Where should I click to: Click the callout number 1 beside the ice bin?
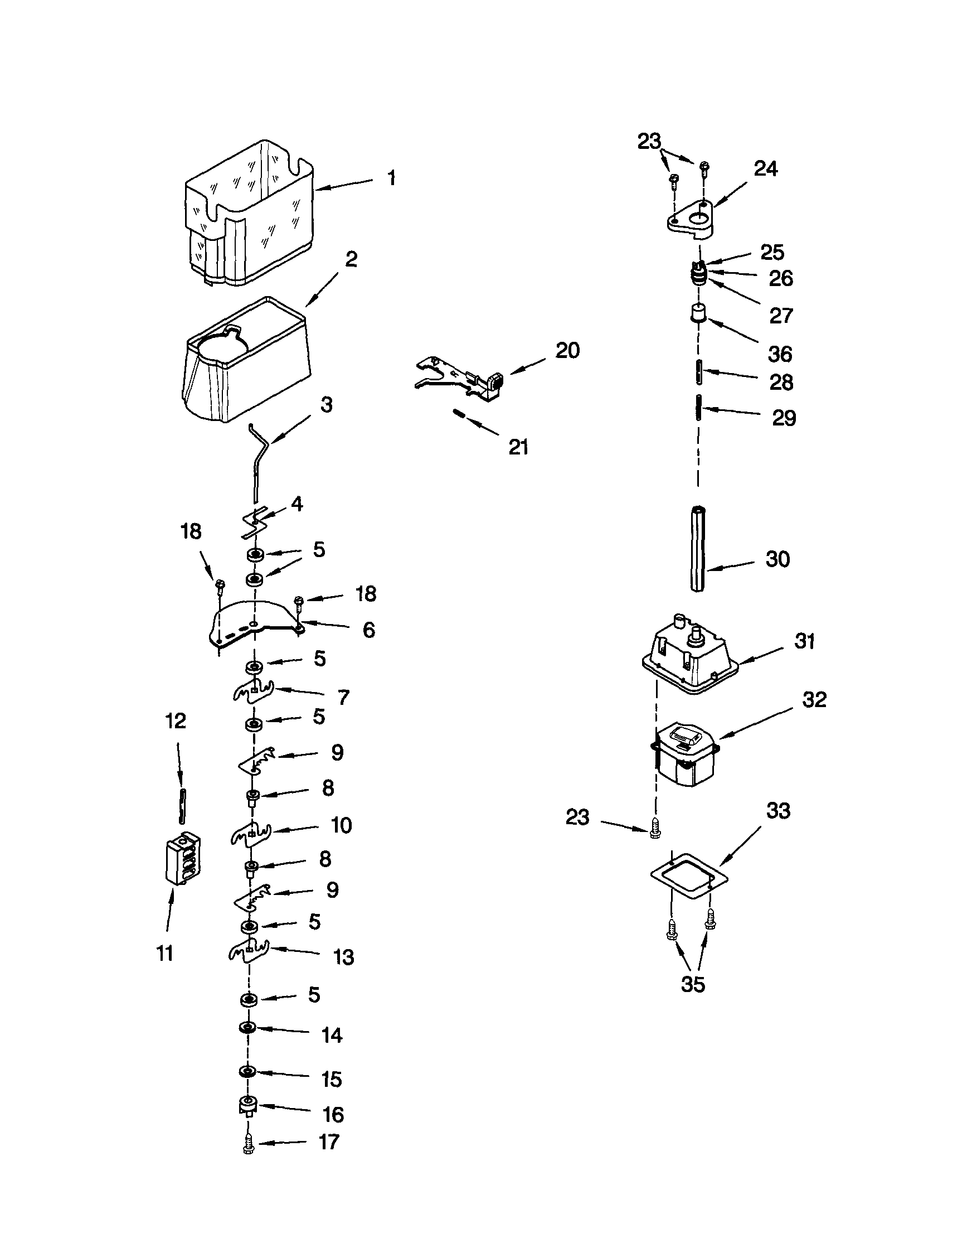pos(391,178)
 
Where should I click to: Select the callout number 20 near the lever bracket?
pos(567,350)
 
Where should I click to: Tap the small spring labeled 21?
pos(459,413)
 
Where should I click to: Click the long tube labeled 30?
pos(697,548)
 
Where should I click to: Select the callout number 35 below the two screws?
pos(693,984)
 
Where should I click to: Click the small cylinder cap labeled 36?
pos(697,313)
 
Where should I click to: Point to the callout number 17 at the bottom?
pos(329,1141)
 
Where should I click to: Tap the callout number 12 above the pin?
pos(176,721)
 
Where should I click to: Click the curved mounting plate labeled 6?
pos(255,625)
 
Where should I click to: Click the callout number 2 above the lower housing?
pos(351,259)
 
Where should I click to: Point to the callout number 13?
pos(343,957)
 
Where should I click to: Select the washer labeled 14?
pos(247,1027)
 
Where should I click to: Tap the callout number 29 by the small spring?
pos(784,418)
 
